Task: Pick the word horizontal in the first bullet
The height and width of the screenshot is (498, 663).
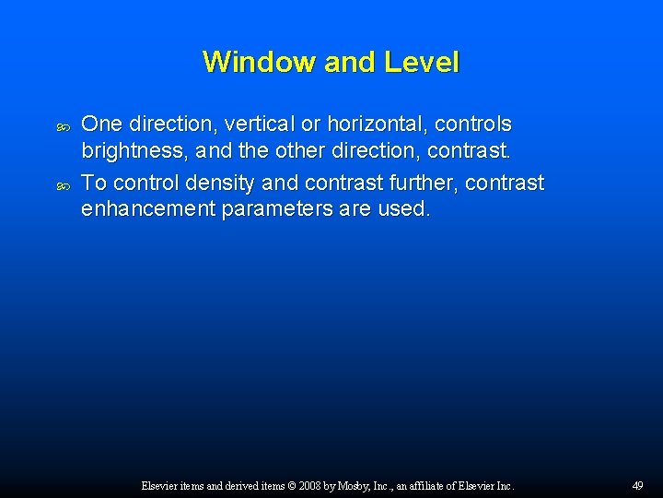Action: click(390, 124)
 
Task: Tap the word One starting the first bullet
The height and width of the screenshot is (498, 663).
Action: click(102, 124)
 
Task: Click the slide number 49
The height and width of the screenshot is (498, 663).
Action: click(637, 485)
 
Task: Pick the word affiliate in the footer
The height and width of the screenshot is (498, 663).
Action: click(431, 485)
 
